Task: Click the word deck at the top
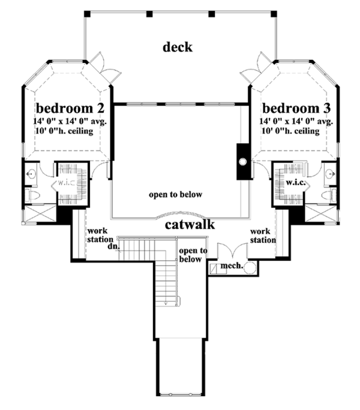click(x=178, y=47)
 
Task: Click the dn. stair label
click(x=112, y=245)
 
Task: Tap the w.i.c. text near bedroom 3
click(x=294, y=182)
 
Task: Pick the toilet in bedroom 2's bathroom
click(x=32, y=195)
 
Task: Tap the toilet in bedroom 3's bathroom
click(x=328, y=195)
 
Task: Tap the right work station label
click(x=263, y=235)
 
